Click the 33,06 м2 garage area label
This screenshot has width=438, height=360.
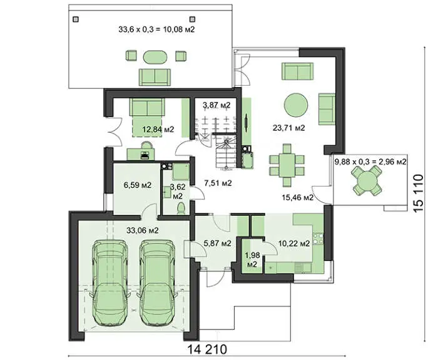click(143, 230)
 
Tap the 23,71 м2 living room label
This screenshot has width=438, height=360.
click(288, 128)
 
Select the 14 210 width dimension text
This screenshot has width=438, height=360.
click(207, 349)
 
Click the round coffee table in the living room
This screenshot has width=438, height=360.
click(296, 105)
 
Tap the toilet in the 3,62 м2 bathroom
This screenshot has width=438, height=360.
click(181, 208)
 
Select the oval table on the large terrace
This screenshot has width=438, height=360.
click(156, 57)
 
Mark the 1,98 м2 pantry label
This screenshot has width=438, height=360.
click(252, 259)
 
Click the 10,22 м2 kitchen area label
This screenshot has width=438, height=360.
click(294, 244)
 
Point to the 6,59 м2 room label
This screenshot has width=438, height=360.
click(138, 185)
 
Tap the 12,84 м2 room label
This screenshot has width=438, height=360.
click(158, 130)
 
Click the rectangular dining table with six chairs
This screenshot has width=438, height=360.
click(287, 165)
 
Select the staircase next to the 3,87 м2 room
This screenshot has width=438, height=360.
click(227, 152)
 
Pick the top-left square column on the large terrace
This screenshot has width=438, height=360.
click(76, 19)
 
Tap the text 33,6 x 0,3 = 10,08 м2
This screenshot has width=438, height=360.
click(156, 29)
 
